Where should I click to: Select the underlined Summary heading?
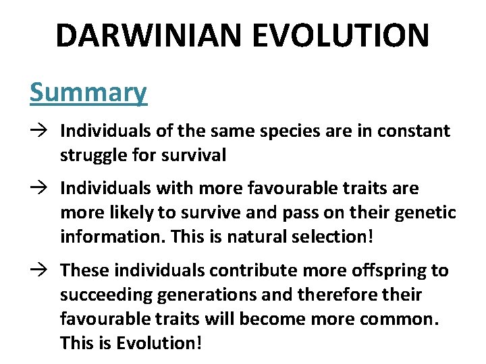coord(88,92)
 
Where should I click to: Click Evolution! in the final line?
coord(159,343)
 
